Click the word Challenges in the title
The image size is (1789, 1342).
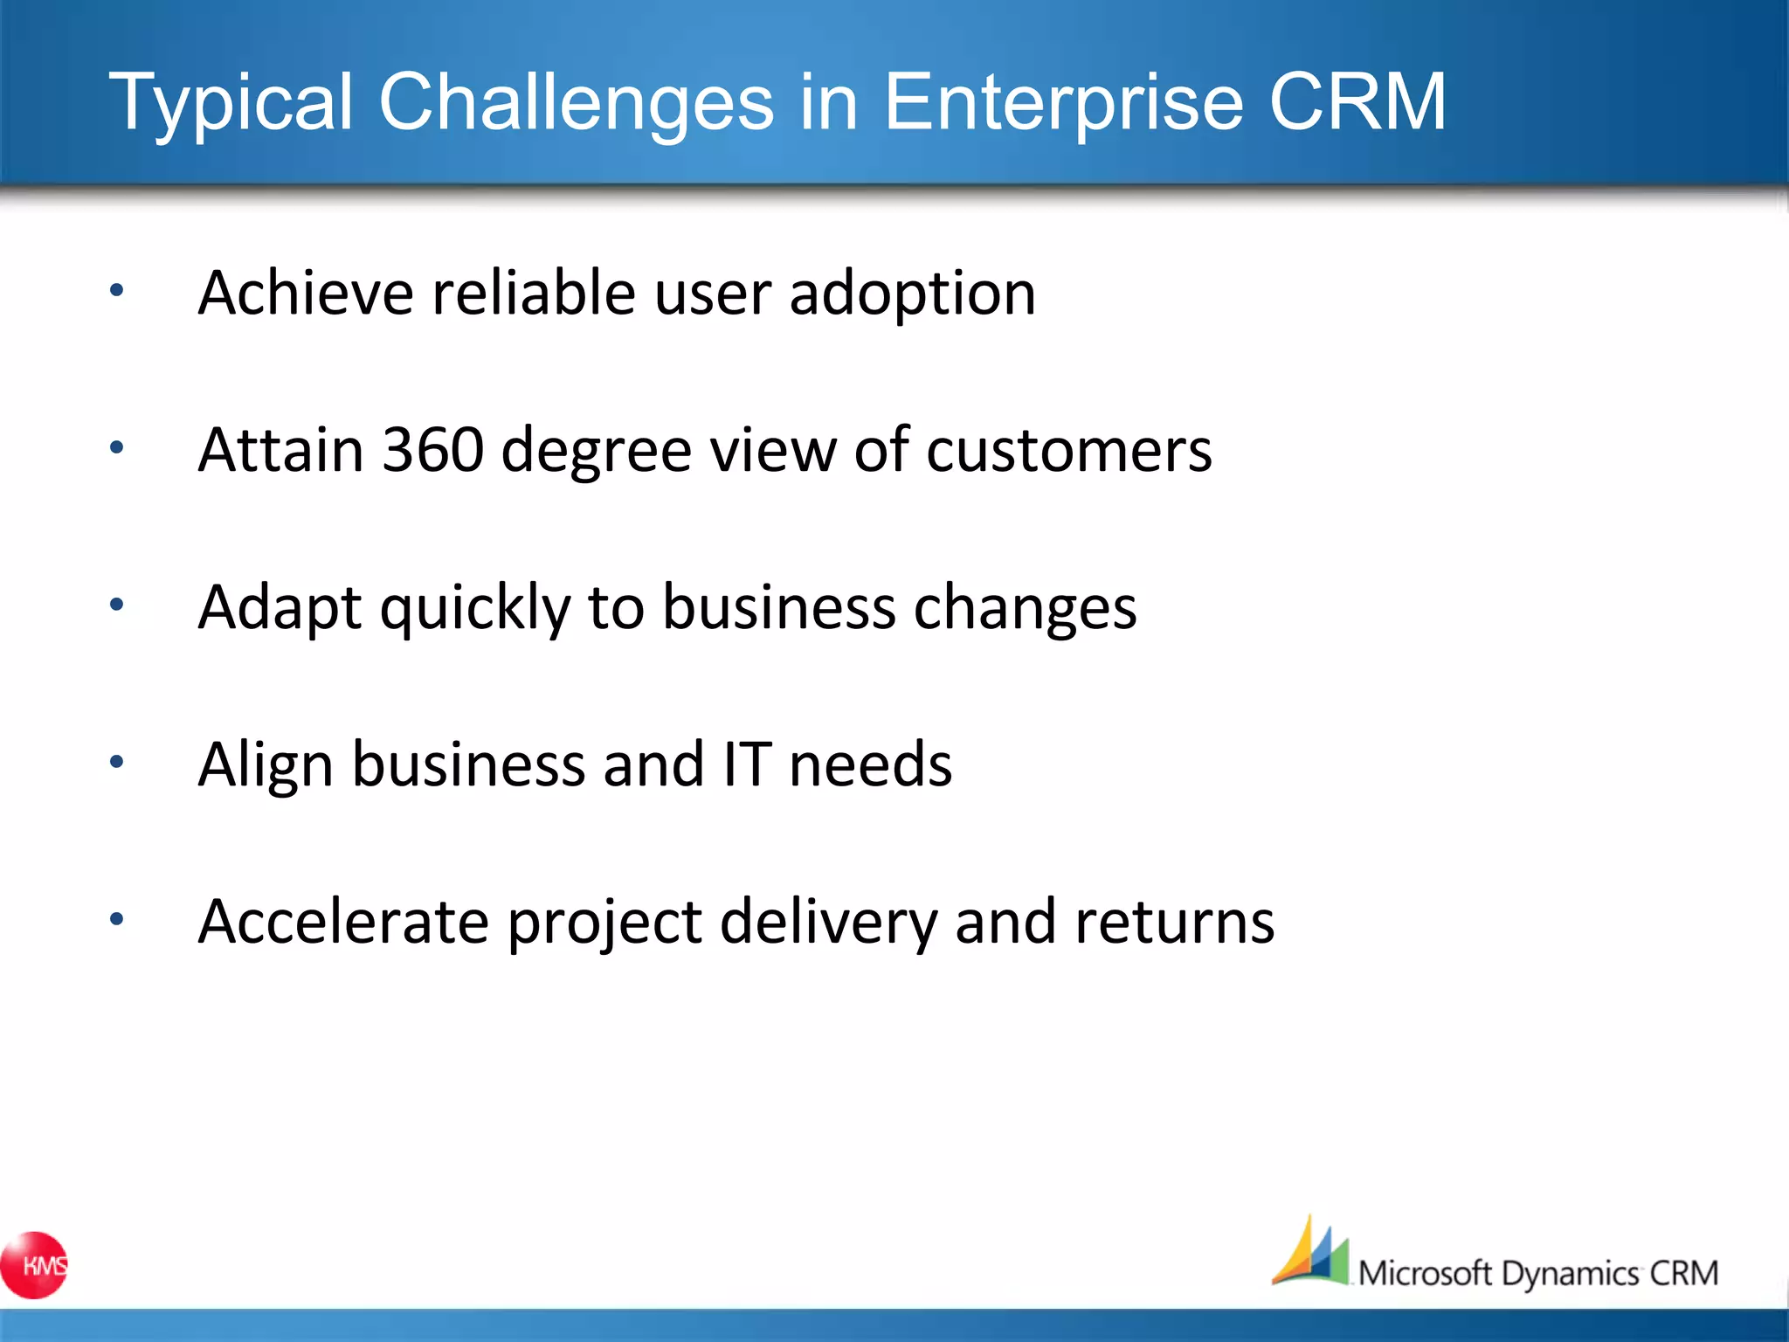[x=576, y=103]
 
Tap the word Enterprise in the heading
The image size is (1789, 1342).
[x=1063, y=103]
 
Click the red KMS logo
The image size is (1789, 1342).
[x=35, y=1265]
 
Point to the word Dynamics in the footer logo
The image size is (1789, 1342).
[x=1570, y=1274]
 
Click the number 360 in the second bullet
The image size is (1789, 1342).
[x=433, y=450]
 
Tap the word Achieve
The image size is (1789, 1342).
[x=306, y=293]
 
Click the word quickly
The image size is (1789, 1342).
[x=475, y=609]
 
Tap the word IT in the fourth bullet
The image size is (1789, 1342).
[x=747, y=764]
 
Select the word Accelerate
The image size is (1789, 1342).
[x=343, y=923]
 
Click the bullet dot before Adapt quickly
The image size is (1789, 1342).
[x=117, y=605]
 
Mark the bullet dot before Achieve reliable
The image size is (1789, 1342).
[x=117, y=290]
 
